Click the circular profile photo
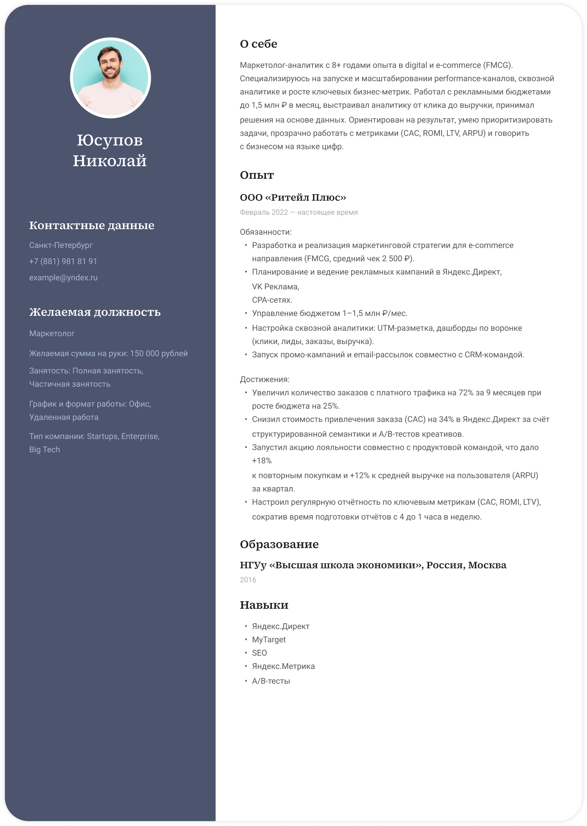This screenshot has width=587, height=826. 110,78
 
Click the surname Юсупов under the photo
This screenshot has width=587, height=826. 110,140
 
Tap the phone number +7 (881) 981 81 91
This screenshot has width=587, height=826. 63,261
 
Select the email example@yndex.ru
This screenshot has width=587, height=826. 64,278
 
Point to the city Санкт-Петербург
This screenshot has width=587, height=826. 61,245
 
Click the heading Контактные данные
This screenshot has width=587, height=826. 92,225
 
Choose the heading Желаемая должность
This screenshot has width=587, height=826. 95,312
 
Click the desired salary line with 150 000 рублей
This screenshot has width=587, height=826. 108,354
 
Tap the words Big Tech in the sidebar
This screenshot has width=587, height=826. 45,449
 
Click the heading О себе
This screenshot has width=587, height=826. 259,44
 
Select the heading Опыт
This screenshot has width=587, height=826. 257,175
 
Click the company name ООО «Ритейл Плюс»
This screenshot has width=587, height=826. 293,198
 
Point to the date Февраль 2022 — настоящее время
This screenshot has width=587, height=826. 299,213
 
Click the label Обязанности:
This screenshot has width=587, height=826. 266,232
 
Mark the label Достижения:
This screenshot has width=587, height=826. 265,380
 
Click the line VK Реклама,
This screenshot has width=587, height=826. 276,287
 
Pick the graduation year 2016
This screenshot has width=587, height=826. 248,580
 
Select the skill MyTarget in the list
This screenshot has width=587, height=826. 269,640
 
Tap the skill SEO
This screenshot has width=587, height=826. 259,653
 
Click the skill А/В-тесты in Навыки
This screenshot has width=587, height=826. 271,681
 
